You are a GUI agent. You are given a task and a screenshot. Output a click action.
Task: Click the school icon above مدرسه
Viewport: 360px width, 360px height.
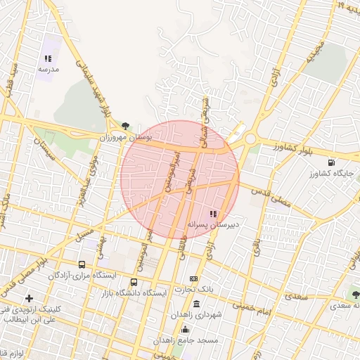click(48, 59)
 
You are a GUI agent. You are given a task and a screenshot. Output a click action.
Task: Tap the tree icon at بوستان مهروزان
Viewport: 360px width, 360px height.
click(125, 126)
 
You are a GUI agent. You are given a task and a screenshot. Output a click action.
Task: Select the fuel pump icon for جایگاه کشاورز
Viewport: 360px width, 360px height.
click(331, 162)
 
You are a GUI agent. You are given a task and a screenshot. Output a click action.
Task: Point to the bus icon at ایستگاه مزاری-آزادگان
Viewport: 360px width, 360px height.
click(82, 265)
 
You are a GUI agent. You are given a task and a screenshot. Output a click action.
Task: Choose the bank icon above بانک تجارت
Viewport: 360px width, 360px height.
click(193, 279)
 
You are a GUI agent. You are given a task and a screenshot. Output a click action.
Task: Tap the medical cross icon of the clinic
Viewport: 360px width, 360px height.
click(29, 298)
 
